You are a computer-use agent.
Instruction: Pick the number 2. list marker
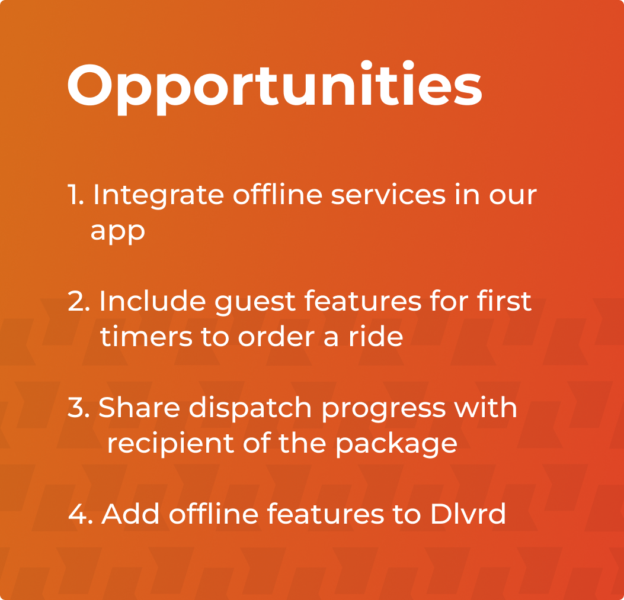click(x=79, y=302)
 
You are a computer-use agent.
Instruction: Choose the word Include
click(x=152, y=301)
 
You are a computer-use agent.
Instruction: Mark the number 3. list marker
click(x=79, y=408)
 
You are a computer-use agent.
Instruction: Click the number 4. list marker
click(x=80, y=515)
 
